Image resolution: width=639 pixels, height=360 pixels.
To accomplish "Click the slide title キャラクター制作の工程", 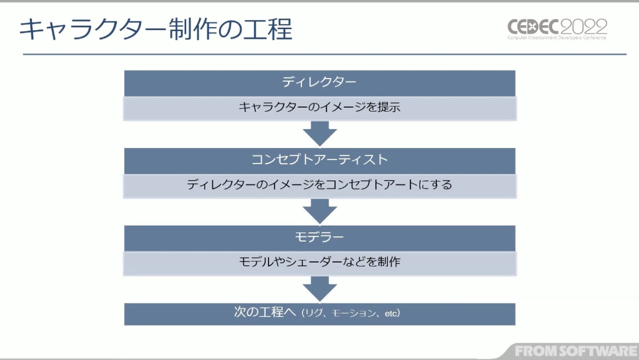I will (x=156, y=30).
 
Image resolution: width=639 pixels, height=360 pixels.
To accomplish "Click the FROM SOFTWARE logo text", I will (x=576, y=351).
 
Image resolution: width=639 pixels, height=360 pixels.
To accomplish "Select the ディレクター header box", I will (x=319, y=82).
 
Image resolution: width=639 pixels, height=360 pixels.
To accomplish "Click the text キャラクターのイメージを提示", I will (x=319, y=108).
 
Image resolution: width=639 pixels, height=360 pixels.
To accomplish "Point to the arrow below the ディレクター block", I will (x=319, y=133).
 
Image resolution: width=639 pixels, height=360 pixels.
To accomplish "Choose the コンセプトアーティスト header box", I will (x=319, y=160).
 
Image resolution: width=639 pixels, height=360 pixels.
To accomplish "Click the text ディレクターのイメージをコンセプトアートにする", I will (x=319, y=185).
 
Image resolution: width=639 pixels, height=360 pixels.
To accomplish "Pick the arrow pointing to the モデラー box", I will (x=319, y=211).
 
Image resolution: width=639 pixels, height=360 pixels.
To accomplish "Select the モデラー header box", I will (x=319, y=237).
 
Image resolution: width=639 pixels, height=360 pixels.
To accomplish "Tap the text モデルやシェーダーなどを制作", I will (x=319, y=262).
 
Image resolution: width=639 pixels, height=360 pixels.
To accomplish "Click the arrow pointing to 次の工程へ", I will (x=319, y=289).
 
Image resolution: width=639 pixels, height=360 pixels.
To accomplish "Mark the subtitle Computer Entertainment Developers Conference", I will (x=557, y=38).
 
